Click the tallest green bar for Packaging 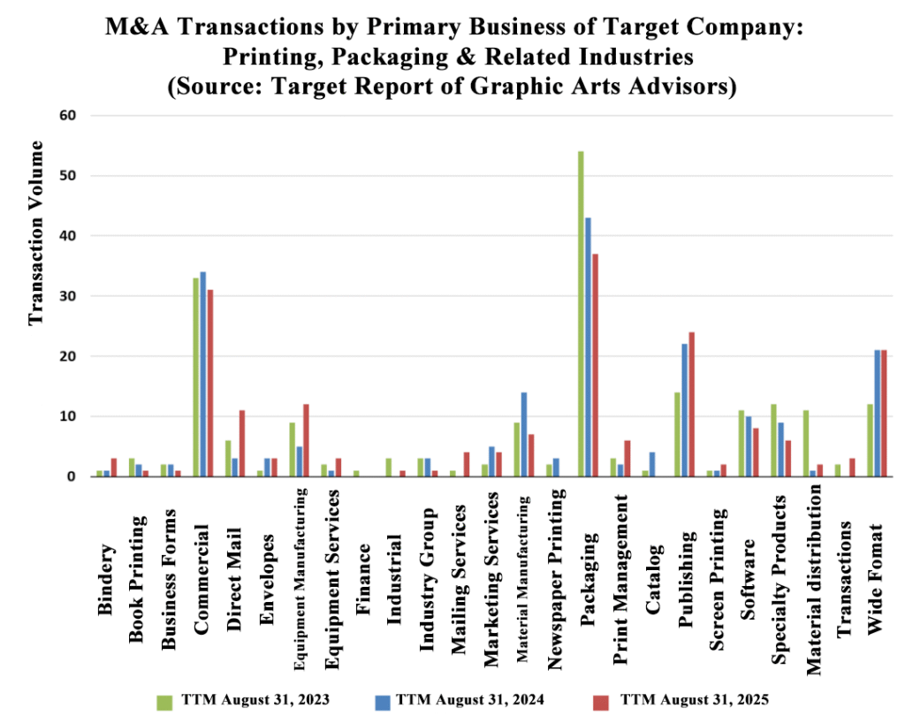(x=581, y=314)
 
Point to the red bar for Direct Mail (x=242, y=443)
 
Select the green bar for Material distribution (x=805, y=443)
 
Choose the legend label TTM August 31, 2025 (x=695, y=699)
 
